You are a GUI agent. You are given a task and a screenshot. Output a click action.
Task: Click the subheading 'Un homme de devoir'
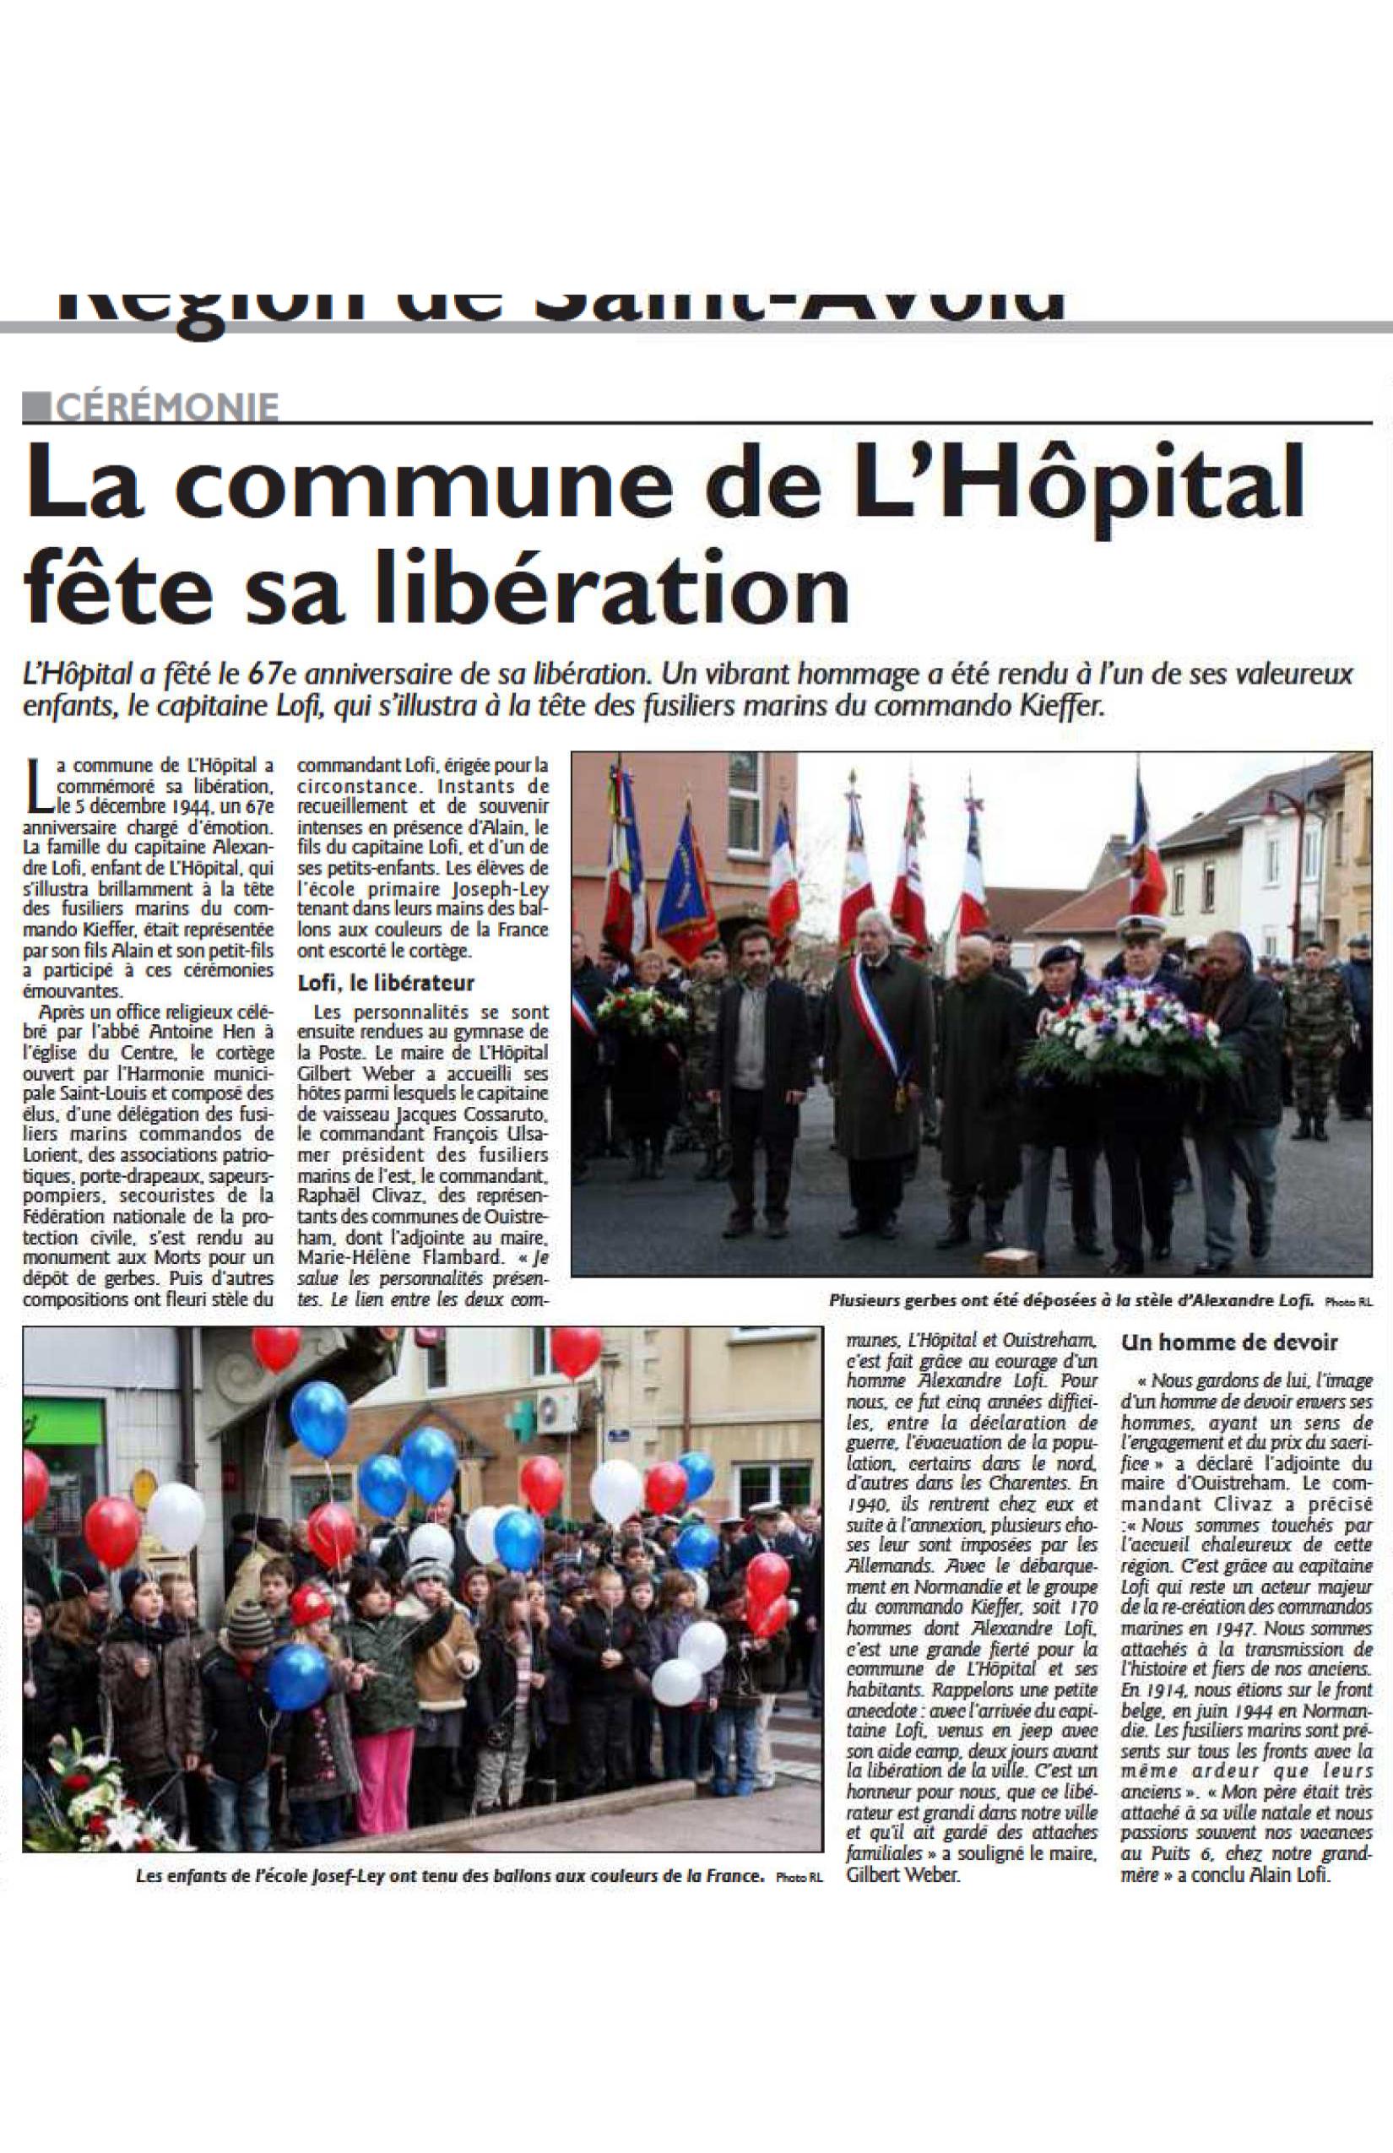point(1229,1342)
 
